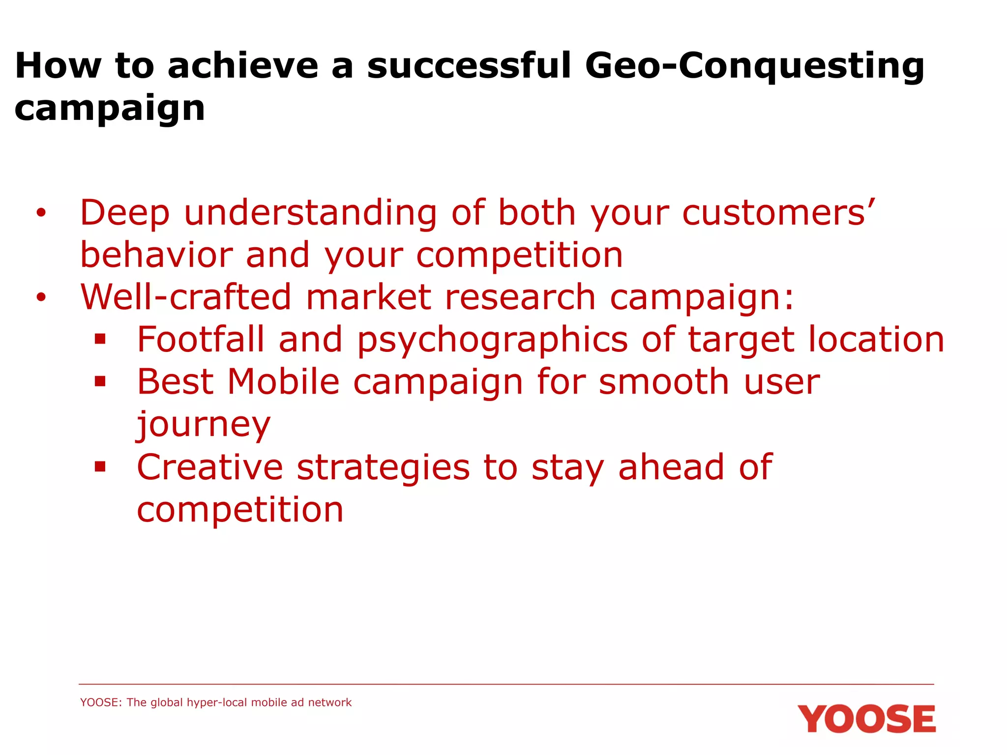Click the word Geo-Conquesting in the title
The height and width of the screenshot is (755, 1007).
[754, 66]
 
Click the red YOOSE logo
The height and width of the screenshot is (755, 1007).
[866, 719]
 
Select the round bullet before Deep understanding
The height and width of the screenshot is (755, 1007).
[41, 213]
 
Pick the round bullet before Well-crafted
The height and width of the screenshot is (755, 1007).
[41, 297]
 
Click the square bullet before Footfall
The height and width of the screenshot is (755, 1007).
[100, 339]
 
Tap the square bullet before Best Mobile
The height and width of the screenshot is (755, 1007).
[100, 381]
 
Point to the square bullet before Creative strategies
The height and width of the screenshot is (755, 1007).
[100, 466]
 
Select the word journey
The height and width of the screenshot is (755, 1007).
[204, 425]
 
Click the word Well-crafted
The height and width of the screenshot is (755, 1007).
[186, 297]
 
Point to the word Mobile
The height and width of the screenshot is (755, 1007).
[284, 382]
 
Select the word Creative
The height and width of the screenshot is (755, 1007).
[209, 467]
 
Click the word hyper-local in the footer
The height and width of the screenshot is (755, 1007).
[218, 702]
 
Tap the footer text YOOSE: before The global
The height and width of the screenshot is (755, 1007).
[101, 702]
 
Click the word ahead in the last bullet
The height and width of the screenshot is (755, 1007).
[671, 467]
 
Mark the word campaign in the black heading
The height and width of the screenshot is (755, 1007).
[110, 109]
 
